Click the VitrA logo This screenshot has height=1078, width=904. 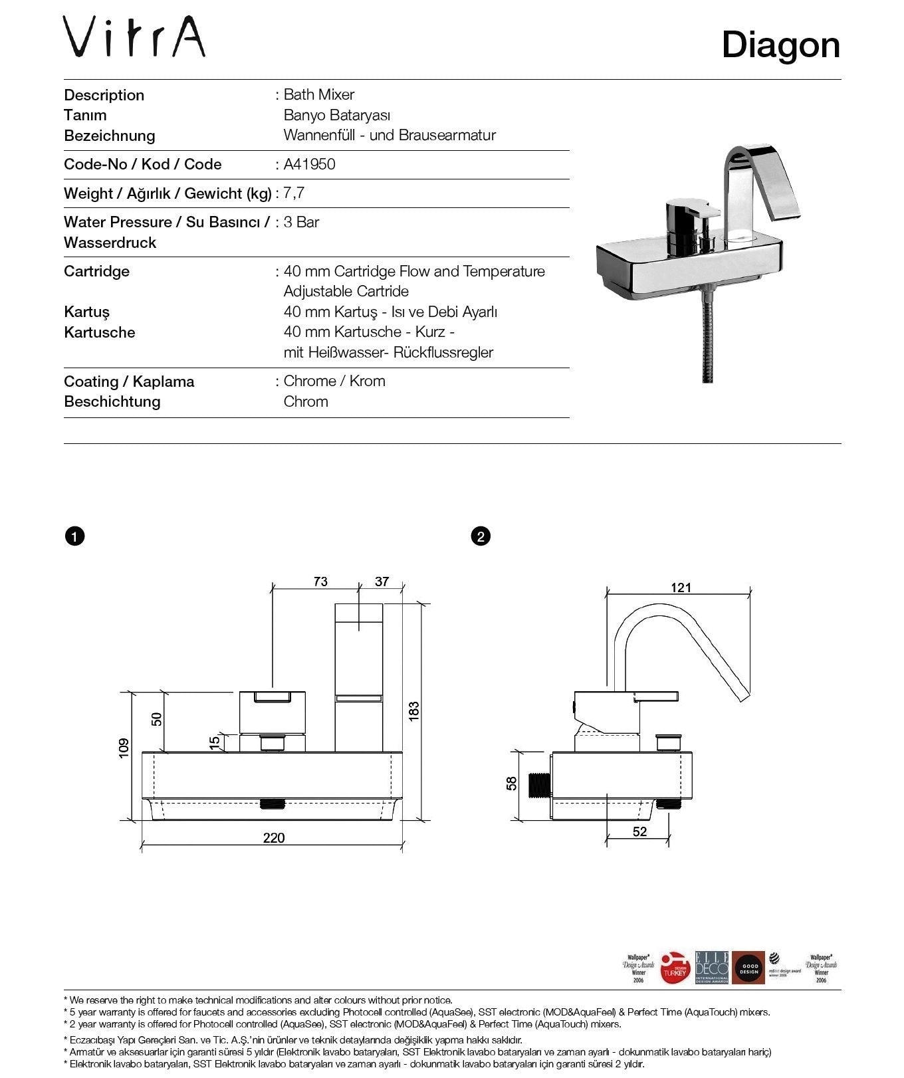(134, 38)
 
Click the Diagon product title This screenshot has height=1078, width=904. (780, 45)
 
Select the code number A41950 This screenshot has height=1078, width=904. (309, 164)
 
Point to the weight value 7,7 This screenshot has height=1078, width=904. (294, 193)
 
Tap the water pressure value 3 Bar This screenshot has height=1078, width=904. (301, 222)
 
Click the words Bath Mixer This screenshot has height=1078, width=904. (318, 94)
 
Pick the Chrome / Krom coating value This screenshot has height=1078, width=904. (334, 381)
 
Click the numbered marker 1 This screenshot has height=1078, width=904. (75, 536)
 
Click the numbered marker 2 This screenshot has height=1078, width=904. (480, 536)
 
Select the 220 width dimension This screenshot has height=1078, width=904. (273, 837)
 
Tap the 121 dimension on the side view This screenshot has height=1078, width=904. (681, 588)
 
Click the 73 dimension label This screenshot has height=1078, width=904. (320, 582)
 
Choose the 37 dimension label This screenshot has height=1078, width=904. (382, 582)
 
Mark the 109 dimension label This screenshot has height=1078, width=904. (124, 748)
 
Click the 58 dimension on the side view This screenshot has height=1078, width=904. (512, 784)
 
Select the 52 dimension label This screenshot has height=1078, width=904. (639, 831)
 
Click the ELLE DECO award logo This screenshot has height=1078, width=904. (711, 967)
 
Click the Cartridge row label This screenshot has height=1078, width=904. (97, 271)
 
